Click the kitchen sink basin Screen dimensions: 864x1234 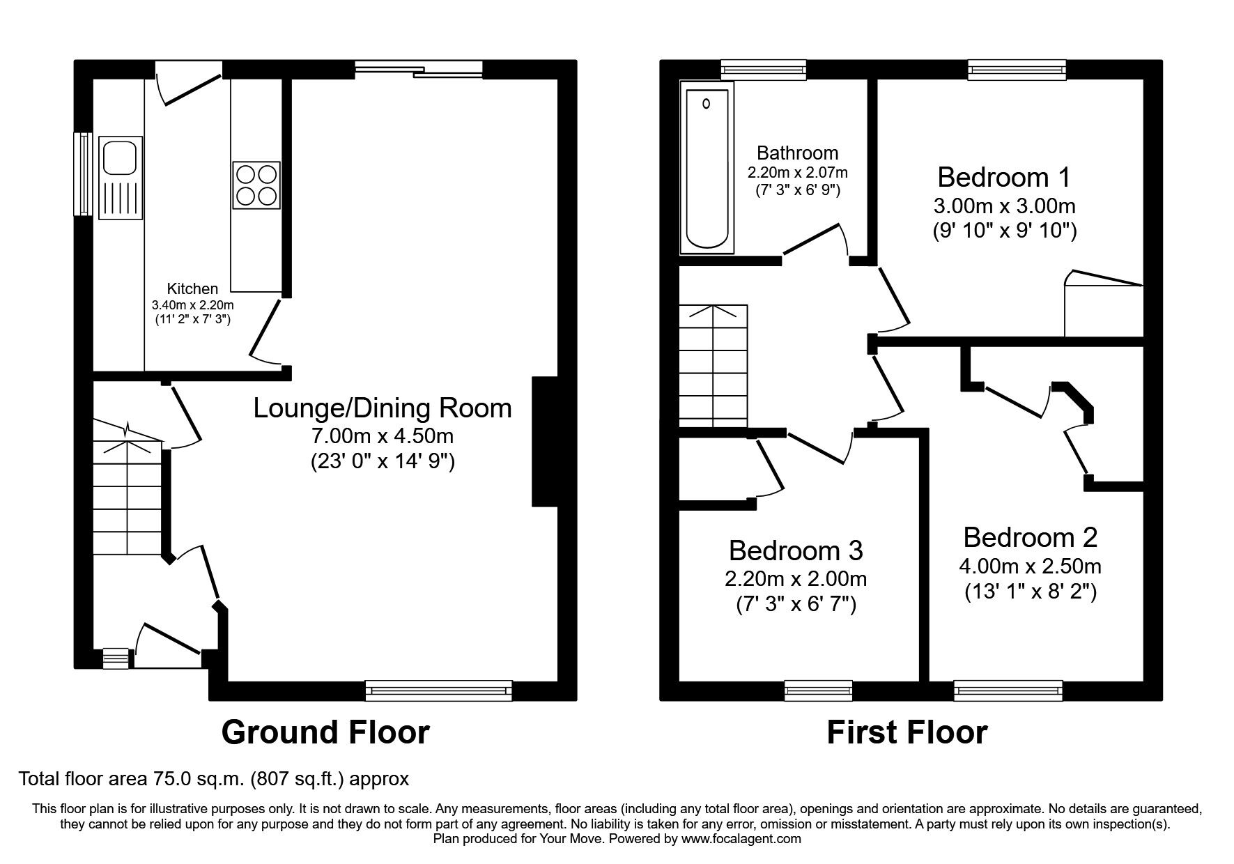coord(121,156)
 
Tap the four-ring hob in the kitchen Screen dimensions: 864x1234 coord(256,185)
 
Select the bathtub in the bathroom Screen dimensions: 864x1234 coord(707,167)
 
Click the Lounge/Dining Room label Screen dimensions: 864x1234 coord(382,408)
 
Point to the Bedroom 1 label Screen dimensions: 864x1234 coord(1003,177)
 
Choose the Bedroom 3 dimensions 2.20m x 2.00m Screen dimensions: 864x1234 coord(795,579)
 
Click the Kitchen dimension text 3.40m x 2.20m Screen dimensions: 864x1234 coord(192,304)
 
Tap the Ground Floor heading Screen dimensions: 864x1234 coord(325,732)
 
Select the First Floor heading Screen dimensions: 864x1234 coord(907,732)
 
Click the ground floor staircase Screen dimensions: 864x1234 coord(128,495)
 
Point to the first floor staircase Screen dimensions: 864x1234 coord(713,366)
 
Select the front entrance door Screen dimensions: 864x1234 coord(167,640)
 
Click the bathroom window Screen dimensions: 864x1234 coord(763,68)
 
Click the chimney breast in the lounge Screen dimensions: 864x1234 coord(545,441)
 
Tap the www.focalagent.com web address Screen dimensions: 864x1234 coord(741,839)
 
